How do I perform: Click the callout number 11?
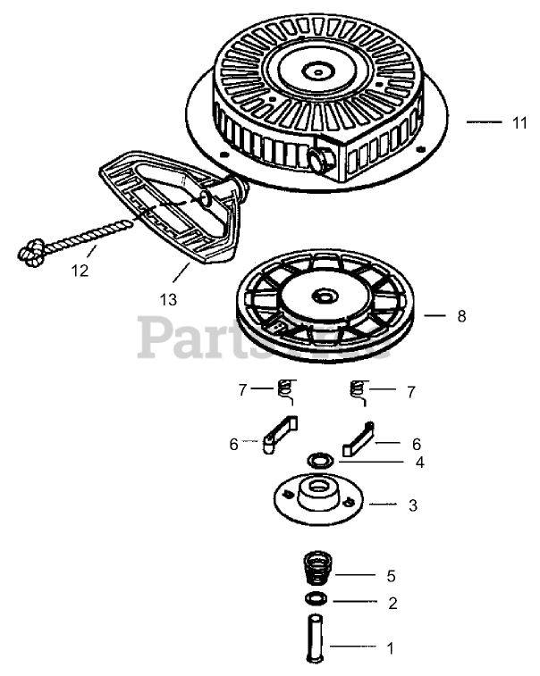coord(520,124)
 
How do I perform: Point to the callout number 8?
coord(460,316)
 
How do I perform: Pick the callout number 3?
coord(412,505)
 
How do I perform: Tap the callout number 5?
coord(392,575)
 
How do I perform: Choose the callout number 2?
coord(392,603)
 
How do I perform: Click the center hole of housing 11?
coord(318,68)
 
